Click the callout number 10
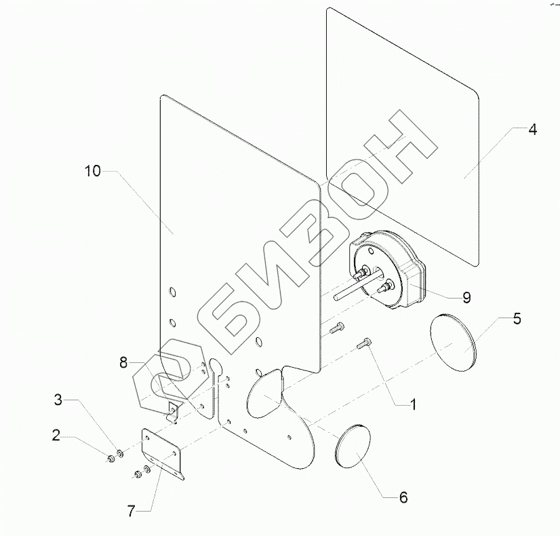click(x=93, y=172)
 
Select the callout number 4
click(x=533, y=130)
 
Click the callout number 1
click(x=411, y=405)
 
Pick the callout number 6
click(x=403, y=497)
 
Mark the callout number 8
click(x=123, y=364)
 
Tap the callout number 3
click(x=59, y=401)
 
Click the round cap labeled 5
click(x=454, y=343)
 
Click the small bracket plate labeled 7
click(x=163, y=453)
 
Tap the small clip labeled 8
click(x=172, y=410)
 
